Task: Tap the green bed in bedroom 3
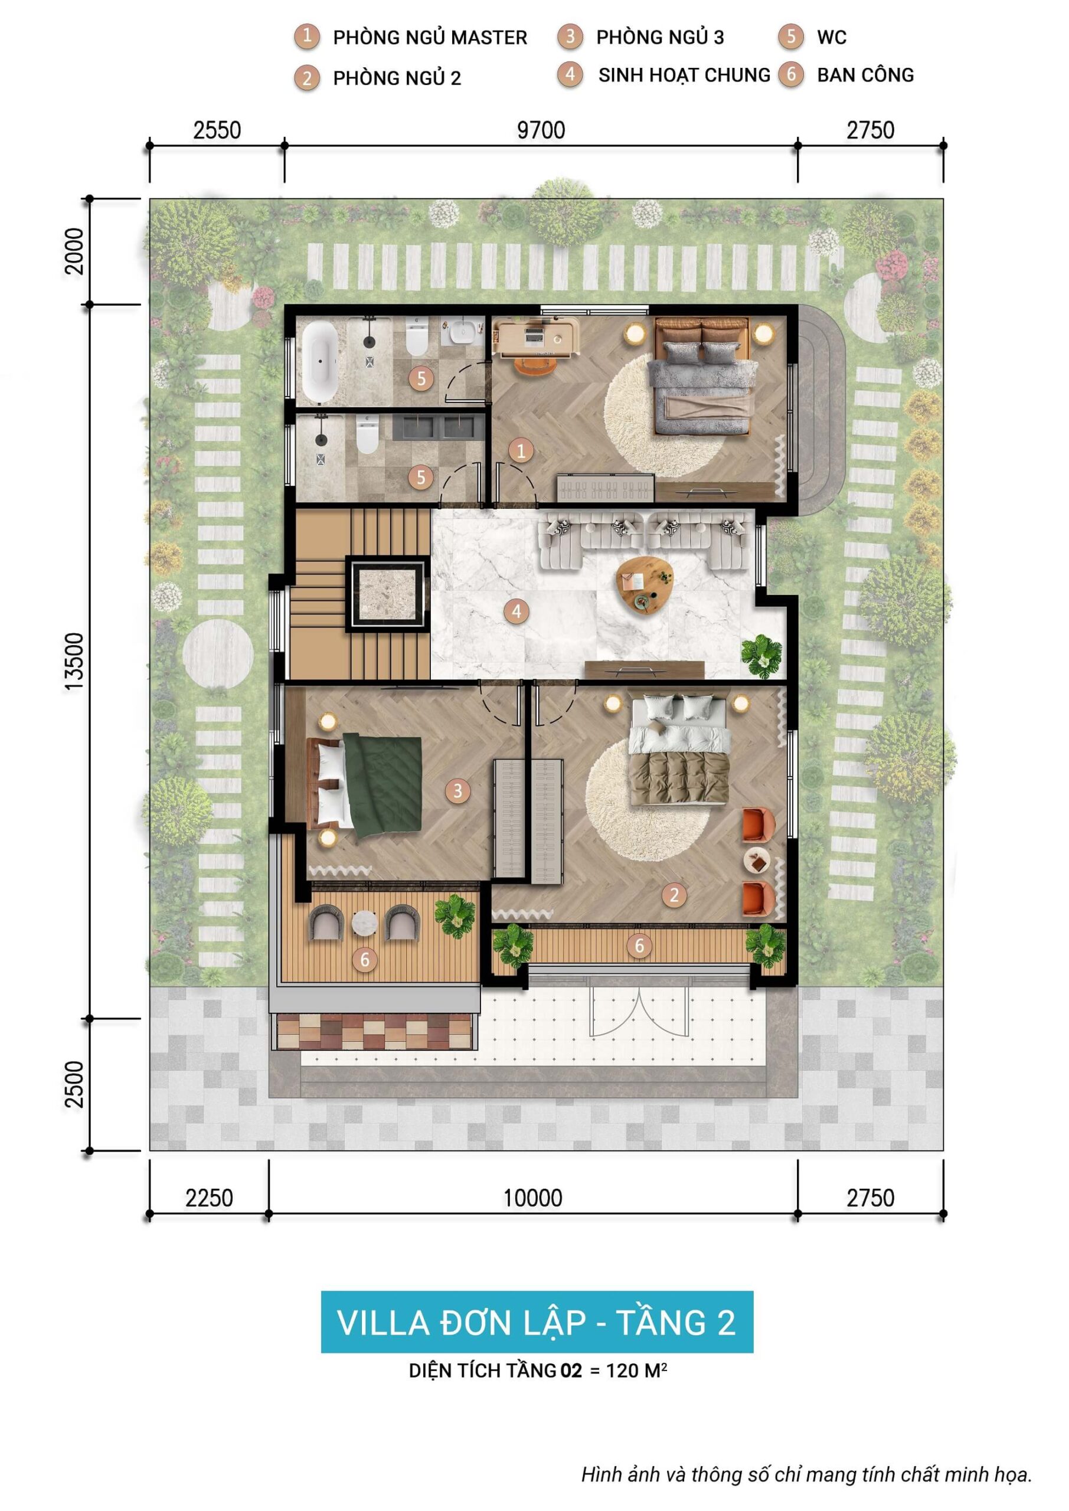[x=383, y=785]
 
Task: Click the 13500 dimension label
[x=75, y=662]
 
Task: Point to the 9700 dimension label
[x=541, y=130]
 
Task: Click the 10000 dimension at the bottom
[x=532, y=1197]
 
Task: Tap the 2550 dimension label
[x=217, y=130]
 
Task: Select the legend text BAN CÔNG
[x=865, y=75]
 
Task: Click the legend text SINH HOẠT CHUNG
[x=684, y=75]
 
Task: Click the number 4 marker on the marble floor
[x=516, y=611]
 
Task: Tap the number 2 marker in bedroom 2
[x=674, y=894]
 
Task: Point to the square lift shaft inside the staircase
[x=387, y=593]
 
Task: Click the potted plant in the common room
[x=761, y=656]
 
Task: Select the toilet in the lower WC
[x=367, y=435]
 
